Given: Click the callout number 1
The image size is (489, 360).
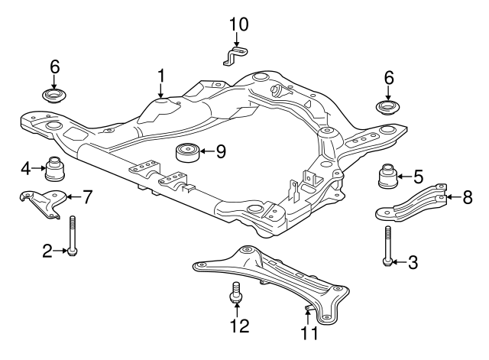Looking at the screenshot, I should [161, 75].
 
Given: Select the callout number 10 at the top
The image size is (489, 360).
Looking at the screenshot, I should [239, 24].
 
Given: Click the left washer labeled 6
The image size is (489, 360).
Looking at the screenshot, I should [54, 97].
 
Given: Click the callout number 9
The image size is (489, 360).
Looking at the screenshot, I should [220, 151].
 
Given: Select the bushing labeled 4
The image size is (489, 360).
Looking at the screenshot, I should [56, 167].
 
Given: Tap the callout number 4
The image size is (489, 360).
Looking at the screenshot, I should [26, 167].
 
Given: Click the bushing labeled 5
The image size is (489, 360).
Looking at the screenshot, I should [389, 177].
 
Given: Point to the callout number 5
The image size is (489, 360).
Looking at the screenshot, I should [418, 177].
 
